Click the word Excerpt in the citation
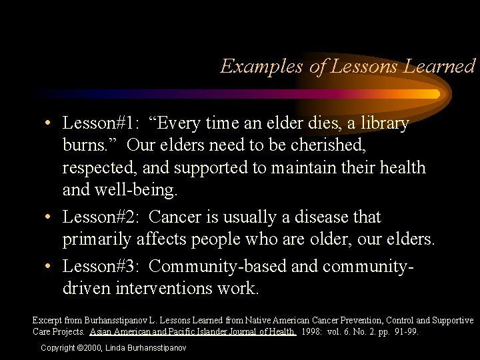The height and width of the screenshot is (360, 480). pyautogui.click(x=47, y=321)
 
